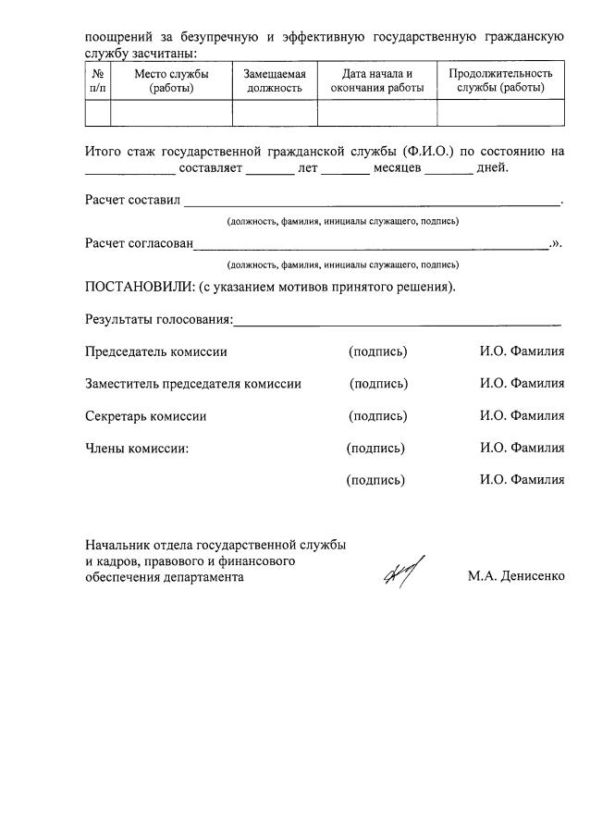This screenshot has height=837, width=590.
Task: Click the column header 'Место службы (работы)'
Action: (171, 80)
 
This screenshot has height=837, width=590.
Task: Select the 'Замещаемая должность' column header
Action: (274, 80)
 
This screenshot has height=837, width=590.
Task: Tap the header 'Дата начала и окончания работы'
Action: (376, 80)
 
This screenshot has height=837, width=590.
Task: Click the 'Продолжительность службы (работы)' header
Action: (500, 80)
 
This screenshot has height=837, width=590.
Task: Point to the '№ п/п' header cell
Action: (97, 80)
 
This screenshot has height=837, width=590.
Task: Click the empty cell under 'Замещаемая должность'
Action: (274, 112)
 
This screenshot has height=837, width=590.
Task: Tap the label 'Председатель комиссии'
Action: (156, 351)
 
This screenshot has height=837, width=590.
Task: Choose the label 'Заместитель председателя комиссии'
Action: (193, 384)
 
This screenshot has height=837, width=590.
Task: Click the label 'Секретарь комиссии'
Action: (146, 416)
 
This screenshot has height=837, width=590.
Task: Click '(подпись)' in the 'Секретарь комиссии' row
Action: (377, 416)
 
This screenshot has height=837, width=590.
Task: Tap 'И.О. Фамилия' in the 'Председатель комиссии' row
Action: (522, 351)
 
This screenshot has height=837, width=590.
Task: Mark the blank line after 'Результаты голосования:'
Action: (398, 324)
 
